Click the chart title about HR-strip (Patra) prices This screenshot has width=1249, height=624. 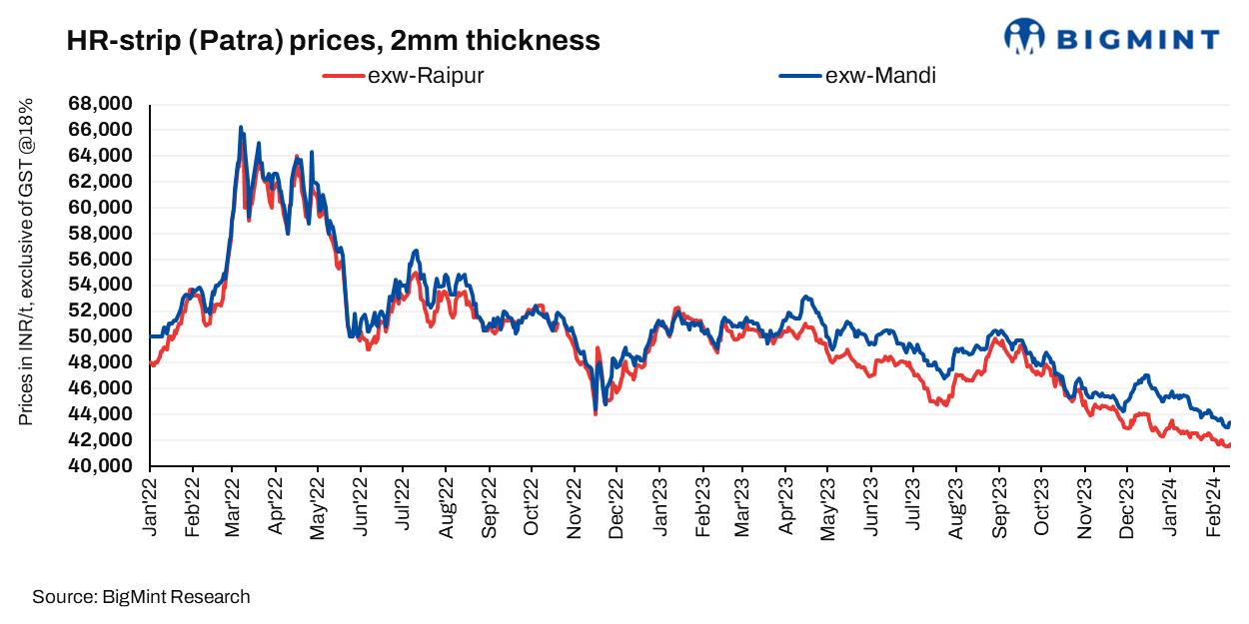point(333,41)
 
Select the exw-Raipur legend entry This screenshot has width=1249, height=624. point(404,76)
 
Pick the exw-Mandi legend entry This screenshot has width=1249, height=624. point(858,76)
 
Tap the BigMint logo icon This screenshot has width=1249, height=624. point(1024,37)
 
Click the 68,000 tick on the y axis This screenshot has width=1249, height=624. point(100,104)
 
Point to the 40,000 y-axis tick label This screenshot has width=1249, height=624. point(100,466)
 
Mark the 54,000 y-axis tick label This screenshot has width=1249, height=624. point(100,285)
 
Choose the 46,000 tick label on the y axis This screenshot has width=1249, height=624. point(100,388)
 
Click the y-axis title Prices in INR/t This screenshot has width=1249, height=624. point(26,262)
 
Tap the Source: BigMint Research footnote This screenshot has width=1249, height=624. point(141,597)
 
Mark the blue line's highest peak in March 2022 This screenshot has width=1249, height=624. point(241,127)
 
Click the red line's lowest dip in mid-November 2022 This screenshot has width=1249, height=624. point(596,413)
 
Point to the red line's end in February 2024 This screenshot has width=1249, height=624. point(1229,444)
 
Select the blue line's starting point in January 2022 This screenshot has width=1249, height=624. point(151,336)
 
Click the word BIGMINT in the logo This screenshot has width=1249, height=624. point(1137,39)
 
